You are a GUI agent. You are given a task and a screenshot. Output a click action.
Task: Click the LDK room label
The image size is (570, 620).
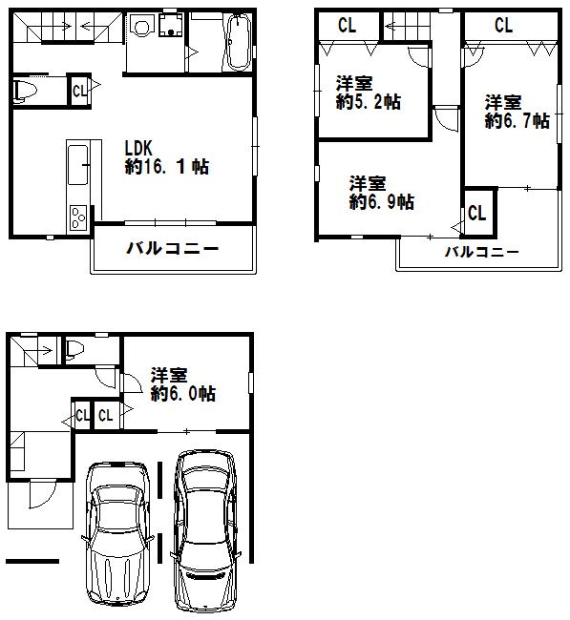pos(139,148)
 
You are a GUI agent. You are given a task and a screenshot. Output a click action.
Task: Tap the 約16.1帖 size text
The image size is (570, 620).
pos(167,167)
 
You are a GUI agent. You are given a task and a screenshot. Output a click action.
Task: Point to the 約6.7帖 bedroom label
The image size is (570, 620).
pos(516,112)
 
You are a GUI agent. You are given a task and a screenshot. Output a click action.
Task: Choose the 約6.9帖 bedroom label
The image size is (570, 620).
pos(381,192)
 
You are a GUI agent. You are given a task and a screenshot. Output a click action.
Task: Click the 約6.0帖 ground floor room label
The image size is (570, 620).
pos(181,384)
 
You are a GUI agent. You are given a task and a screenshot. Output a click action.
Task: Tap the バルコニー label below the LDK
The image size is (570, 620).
pos(173,250)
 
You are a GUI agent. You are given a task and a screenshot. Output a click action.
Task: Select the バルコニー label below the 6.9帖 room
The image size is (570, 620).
pos(482,253)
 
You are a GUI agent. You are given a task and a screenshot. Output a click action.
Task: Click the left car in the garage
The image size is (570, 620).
pos(118,536)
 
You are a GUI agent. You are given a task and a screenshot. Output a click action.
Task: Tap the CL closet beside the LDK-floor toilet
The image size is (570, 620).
pos(80,91)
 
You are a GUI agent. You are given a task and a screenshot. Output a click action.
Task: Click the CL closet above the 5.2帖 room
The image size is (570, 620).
pos(347,26)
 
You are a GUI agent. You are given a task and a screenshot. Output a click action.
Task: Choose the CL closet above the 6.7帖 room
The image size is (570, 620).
pos(503,26)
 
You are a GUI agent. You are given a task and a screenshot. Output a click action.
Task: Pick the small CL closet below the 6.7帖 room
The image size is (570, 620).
pos(477,213)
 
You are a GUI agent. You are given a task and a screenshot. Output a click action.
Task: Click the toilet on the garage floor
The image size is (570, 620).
pos(76,348)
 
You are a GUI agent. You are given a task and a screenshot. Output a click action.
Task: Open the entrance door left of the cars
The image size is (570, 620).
pos(42,496)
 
